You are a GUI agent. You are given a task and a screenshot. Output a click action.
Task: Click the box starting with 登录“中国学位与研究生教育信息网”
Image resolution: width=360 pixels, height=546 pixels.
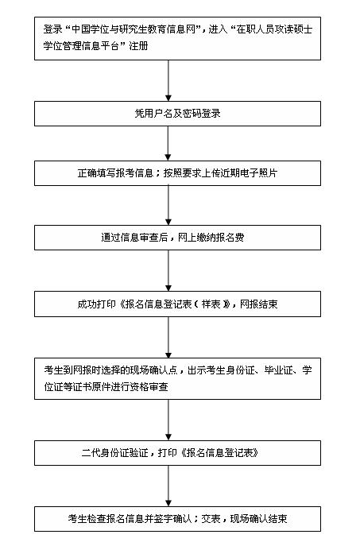coord(177,38)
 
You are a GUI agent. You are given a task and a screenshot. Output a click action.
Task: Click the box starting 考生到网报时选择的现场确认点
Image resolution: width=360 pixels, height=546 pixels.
coord(177,378)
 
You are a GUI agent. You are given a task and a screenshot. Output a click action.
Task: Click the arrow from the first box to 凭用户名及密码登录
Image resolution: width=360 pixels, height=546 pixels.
coord(168,80)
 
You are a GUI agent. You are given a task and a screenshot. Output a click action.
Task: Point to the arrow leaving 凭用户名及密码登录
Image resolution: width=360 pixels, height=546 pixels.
coord(168,143)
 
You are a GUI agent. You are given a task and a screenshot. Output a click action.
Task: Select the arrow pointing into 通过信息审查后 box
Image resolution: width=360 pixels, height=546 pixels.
coord(168,205)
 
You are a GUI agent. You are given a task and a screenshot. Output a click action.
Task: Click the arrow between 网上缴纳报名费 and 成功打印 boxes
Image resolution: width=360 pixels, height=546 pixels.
coord(168,270)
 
